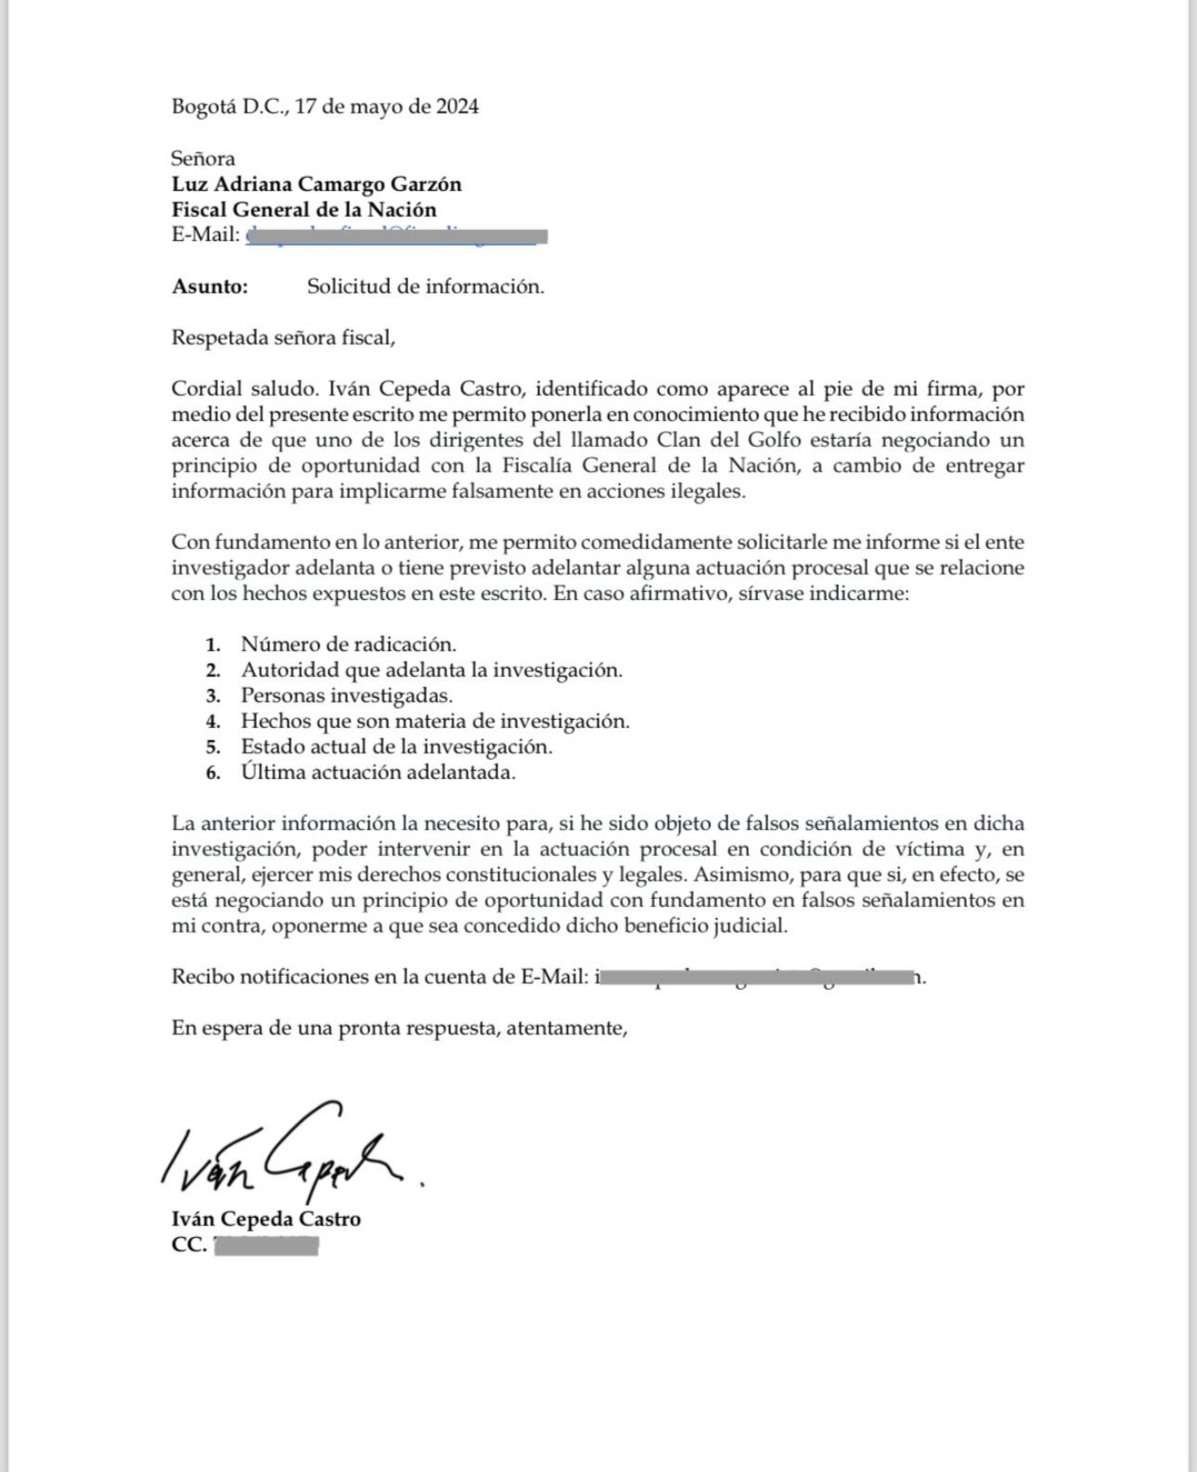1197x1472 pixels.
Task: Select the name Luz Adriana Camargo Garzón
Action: (x=316, y=185)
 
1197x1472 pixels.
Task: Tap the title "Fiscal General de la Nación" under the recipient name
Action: (x=303, y=210)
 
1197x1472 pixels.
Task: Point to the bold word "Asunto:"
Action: (x=210, y=287)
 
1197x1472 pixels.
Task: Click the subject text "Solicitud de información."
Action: (x=425, y=287)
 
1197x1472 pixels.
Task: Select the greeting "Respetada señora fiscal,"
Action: (x=283, y=338)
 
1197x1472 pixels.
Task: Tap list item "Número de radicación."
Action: (x=348, y=644)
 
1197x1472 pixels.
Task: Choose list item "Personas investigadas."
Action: (x=346, y=695)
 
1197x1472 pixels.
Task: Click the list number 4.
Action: (x=213, y=722)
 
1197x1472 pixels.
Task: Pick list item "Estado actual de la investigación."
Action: (x=396, y=746)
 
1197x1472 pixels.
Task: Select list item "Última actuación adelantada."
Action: (x=378, y=772)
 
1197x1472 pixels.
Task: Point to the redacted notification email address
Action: (x=757, y=977)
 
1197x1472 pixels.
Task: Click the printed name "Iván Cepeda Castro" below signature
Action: (x=266, y=1219)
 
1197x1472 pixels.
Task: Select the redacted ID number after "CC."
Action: (x=266, y=1246)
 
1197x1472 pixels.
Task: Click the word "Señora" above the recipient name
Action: (x=203, y=159)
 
